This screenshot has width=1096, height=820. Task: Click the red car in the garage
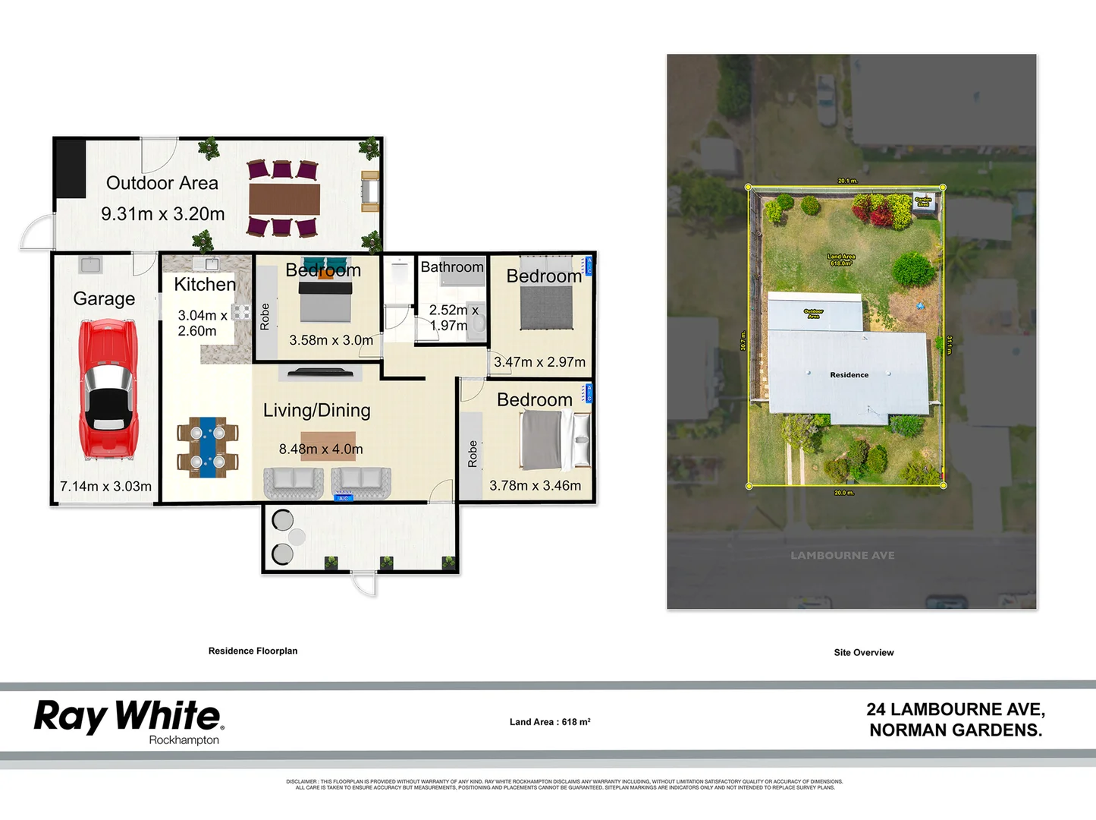(108, 389)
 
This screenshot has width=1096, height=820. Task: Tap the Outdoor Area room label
(162, 183)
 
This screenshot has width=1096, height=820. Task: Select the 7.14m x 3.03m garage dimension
(105, 486)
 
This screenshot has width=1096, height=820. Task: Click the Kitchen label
(204, 284)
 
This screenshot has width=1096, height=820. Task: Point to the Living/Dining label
(316, 410)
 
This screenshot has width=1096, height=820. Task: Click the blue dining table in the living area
(208, 446)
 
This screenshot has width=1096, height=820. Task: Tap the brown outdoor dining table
(284, 200)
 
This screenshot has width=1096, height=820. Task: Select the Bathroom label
(452, 266)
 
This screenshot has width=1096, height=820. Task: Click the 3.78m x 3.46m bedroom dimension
(535, 485)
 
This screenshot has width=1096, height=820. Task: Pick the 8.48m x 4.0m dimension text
(321, 449)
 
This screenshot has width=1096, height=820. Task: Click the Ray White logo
(128, 716)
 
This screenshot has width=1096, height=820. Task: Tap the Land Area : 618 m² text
(550, 722)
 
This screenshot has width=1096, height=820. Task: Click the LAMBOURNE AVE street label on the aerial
(842, 555)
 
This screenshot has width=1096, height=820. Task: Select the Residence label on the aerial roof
(849, 375)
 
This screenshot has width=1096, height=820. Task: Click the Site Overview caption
(863, 652)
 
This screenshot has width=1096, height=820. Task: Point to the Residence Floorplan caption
(253, 651)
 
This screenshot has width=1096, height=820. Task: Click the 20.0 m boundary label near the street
(843, 493)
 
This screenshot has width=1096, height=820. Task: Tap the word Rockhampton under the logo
(184, 740)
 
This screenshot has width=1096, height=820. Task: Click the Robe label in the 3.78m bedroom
(473, 453)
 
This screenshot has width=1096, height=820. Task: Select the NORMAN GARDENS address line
(956, 730)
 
